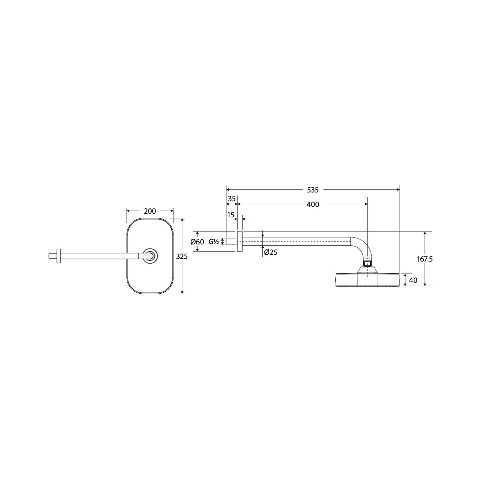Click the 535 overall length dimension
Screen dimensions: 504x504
pos(312,190)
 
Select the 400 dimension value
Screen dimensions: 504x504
pos(313,204)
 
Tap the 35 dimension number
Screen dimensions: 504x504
pos(232,199)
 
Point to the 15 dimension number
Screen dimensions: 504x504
pos(230,214)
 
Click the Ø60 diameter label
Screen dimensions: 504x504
pos(197,242)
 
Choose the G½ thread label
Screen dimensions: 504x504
pos(214,241)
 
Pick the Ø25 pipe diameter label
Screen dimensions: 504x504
pos(271,252)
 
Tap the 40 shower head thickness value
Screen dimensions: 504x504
pos(413,280)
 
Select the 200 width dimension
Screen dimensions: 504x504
pos(150,211)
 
